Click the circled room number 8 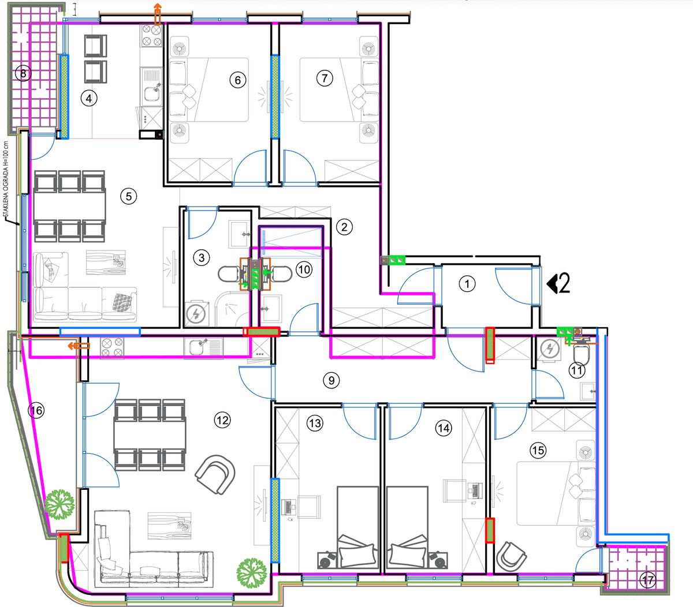click(23, 73)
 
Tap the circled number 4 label click(89, 99)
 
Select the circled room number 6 click(238, 80)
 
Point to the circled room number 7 click(325, 78)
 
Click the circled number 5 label click(129, 197)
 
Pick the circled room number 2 click(344, 227)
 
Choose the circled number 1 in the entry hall click(467, 284)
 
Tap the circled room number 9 click(331, 380)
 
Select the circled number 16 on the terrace click(36, 410)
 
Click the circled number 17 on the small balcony click(648, 580)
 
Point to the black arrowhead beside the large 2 click(552, 284)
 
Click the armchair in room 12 click(215, 474)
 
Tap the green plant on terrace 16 click(60, 505)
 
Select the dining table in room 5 click(69, 207)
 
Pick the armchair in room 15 click(511, 556)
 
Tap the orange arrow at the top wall click(157, 14)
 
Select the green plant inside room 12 click(252, 573)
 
